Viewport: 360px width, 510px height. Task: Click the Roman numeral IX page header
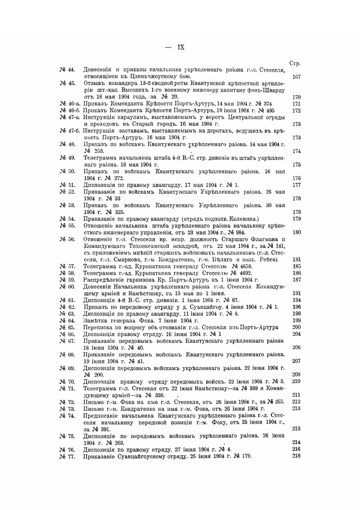click(181, 47)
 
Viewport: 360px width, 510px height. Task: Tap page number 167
click(296, 77)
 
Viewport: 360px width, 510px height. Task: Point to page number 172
click(296, 111)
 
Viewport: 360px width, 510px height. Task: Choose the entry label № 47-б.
click(69, 131)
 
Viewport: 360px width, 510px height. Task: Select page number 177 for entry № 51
click(296, 185)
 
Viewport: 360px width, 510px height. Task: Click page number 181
click(297, 259)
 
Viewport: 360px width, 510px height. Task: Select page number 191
click(297, 293)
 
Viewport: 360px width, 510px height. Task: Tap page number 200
click(297, 327)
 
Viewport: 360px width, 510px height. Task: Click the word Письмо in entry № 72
click(93, 402)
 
